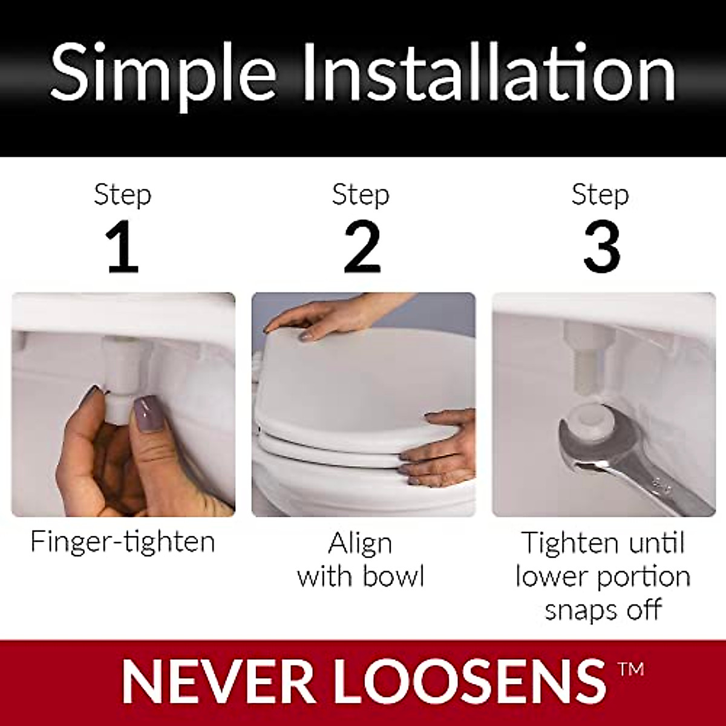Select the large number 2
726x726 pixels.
click(362, 249)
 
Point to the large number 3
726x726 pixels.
click(601, 249)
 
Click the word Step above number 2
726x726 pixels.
click(361, 195)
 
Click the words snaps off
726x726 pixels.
click(603, 609)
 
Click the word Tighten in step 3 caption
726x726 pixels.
click(567, 543)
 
